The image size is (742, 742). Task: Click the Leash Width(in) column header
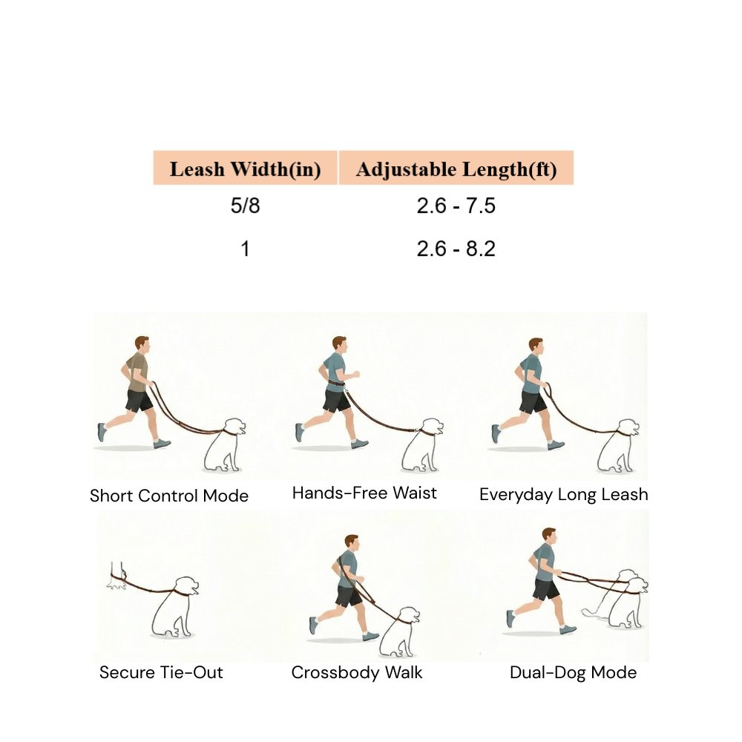[245, 169]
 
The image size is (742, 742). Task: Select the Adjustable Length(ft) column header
[456, 169]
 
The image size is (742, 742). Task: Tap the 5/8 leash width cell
[245, 206]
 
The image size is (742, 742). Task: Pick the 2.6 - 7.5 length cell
[456, 206]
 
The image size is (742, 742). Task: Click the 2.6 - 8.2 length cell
[456, 249]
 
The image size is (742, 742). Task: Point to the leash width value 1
[245, 249]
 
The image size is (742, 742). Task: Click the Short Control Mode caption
[169, 496]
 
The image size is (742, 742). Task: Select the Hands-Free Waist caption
[364, 493]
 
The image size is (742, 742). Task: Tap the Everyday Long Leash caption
[564, 494]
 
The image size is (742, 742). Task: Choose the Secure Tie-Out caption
[161, 673]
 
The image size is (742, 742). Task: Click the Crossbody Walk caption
[357, 673]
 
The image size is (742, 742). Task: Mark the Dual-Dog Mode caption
[573, 673]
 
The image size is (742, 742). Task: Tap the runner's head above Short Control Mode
[142, 346]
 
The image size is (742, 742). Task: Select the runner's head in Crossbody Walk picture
[350, 543]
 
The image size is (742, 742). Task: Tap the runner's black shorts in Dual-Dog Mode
[545, 590]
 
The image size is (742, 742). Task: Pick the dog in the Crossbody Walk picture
[398, 633]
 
